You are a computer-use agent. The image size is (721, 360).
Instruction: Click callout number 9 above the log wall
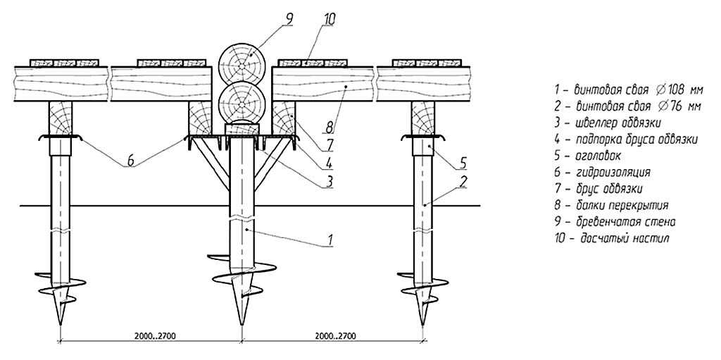click(289, 19)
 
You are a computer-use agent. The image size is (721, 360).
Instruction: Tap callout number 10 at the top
click(330, 20)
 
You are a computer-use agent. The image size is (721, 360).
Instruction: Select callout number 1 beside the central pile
click(330, 240)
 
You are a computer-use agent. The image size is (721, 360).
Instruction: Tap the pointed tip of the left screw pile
click(61, 325)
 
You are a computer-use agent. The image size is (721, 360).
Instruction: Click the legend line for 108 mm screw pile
click(629, 89)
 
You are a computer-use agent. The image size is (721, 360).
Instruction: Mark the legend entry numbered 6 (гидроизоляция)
click(603, 172)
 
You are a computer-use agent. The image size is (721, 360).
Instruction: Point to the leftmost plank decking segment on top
click(64, 62)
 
